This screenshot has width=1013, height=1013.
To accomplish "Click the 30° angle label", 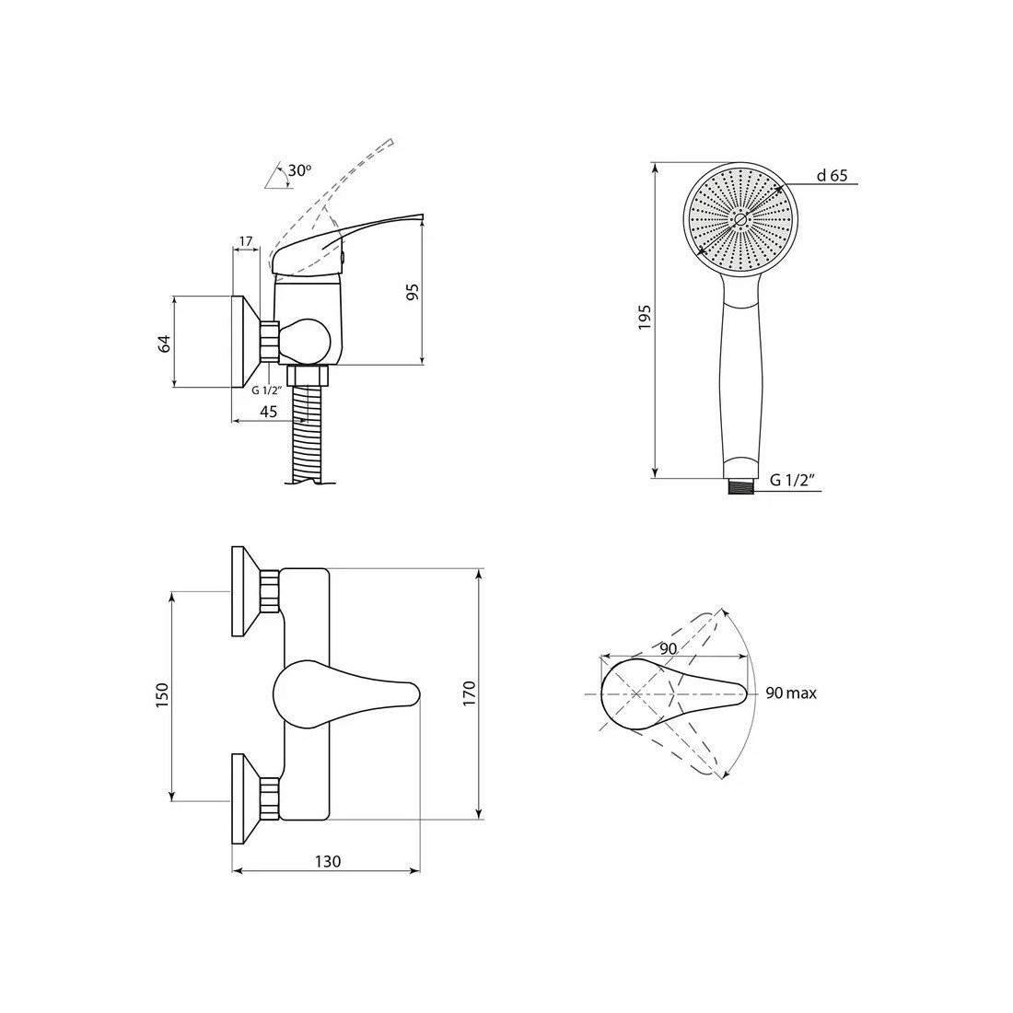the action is coord(299,170).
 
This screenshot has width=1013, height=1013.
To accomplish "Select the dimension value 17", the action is coord(246,241).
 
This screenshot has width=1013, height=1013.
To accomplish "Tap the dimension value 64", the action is coord(165,343).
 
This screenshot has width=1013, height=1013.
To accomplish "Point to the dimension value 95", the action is coord(413,291).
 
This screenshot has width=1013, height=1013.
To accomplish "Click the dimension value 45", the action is coord(268,412).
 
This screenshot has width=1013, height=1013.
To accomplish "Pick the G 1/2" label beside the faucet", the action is coord(267,390).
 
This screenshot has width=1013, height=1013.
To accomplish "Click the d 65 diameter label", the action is coord(832,175).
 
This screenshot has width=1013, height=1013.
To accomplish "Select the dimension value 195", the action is coord(644,317).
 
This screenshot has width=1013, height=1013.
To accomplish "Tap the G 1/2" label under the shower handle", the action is coord(792,480).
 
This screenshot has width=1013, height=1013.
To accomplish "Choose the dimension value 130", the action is coord(328,861).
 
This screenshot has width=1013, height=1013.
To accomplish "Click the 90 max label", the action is coord(791,693).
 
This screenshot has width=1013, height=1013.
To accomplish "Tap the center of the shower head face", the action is coord(740,219).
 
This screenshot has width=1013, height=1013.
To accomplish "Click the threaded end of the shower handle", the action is coord(740,486).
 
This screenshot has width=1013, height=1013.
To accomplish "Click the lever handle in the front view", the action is coord(346,694).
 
